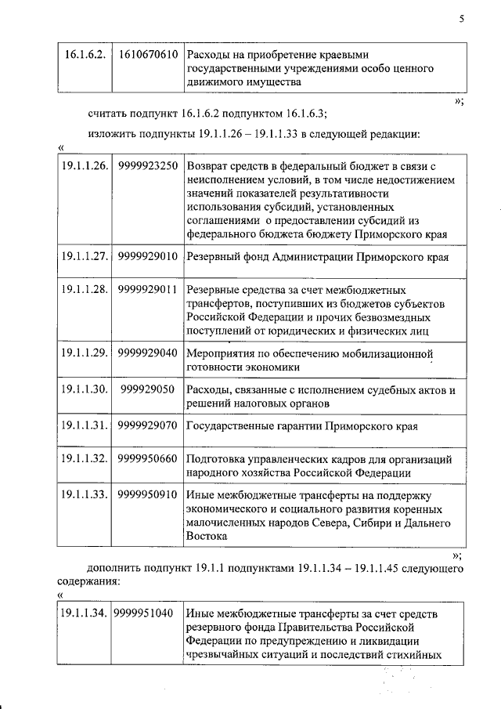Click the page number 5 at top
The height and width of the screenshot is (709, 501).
click(462, 21)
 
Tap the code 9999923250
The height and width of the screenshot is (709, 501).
click(149, 167)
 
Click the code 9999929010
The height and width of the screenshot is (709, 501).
click(149, 255)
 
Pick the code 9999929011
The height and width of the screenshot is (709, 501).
click(149, 289)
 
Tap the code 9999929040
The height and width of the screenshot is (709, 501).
click(149, 353)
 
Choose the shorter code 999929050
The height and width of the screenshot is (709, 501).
click(149, 389)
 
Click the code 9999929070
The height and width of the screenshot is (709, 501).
click(149, 426)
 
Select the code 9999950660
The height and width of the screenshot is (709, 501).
click(149, 460)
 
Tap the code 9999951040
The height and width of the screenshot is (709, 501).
click(146, 613)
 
